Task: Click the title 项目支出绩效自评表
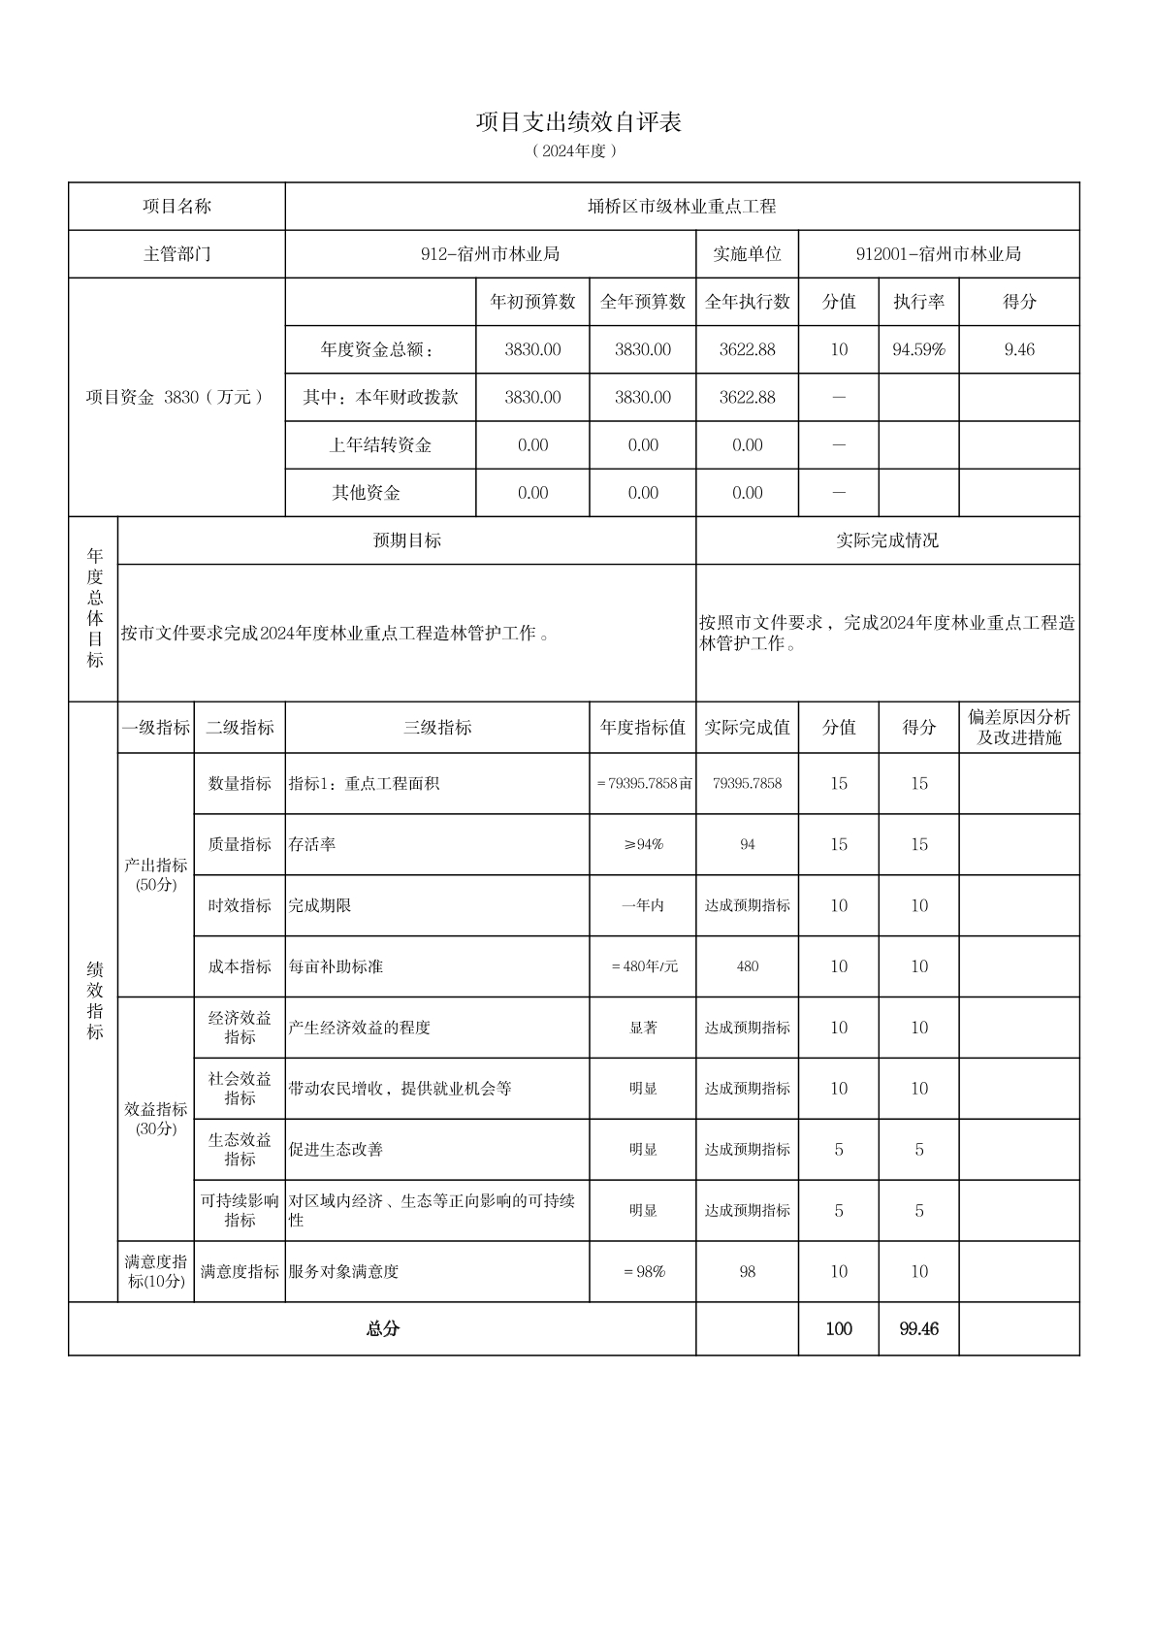[578, 122]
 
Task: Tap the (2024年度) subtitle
[575, 151]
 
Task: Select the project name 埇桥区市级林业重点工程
[682, 207]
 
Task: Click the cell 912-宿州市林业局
[490, 254]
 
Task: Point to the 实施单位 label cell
[747, 254]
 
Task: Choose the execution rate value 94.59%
[918, 349]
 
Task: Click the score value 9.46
[1019, 349]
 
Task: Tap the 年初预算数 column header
[532, 302]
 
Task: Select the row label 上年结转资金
[380, 445]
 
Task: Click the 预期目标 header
[407, 540]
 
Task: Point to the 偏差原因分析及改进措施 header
[1019, 728]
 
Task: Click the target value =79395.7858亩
[643, 783]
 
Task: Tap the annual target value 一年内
[643, 905]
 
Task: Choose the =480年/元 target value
[643, 966]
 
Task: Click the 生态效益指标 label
[240, 1149]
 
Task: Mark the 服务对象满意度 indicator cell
[343, 1271]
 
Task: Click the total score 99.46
[918, 1329]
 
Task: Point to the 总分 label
[382, 1329]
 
